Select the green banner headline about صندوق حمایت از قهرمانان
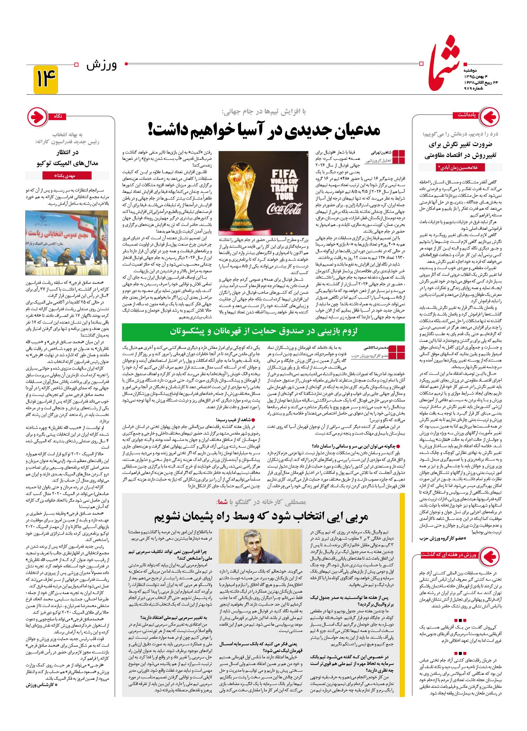[263, 331]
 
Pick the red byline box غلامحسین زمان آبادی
[458, 168]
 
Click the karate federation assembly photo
[67, 242]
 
